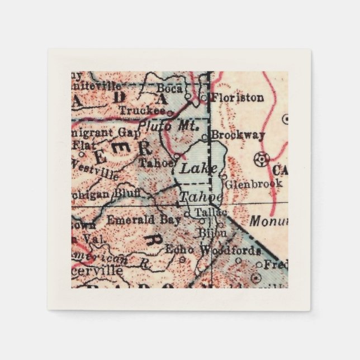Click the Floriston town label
(x=238, y=97)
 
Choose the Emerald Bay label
(x=143, y=219)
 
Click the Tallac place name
(x=211, y=213)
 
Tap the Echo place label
(x=180, y=249)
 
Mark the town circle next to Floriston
(x=205, y=97)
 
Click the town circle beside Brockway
(x=205, y=136)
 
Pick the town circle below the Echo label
(x=182, y=259)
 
